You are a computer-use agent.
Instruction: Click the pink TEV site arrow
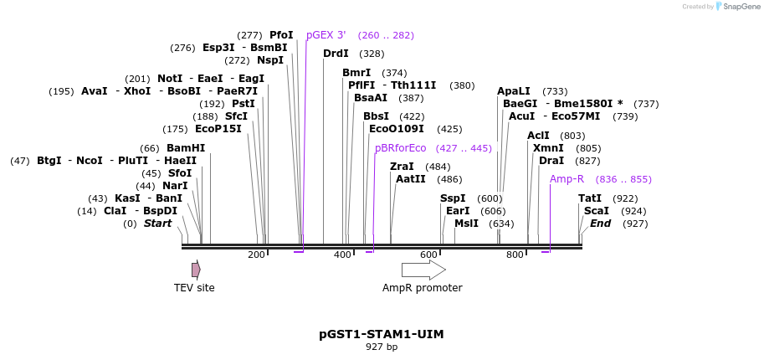pos(196,270)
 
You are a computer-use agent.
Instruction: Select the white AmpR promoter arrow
pos(423,270)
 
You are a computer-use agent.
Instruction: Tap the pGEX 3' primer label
pos(326,35)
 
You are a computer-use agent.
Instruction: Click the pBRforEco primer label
pos(400,148)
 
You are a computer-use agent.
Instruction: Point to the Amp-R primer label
pos(567,179)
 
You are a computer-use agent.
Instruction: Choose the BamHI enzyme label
pos(186,148)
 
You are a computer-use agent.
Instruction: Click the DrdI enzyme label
pos(336,54)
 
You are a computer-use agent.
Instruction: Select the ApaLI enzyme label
pos(514,91)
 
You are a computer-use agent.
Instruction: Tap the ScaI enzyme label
pos(597,211)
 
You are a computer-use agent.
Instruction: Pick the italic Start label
pos(157,224)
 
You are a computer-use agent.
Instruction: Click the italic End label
pos(600,224)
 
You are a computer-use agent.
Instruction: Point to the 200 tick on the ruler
pos(256,255)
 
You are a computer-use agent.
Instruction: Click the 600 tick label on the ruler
pos(428,255)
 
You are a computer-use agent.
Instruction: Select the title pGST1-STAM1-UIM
pos(382,334)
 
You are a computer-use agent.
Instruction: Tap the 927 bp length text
pos(382,347)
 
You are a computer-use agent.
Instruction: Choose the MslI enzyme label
pos(466,224)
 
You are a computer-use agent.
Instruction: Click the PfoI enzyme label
pos(281,35)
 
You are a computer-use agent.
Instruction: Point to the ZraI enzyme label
pos(402,167)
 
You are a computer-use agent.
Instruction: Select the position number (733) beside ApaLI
pos(555,91)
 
